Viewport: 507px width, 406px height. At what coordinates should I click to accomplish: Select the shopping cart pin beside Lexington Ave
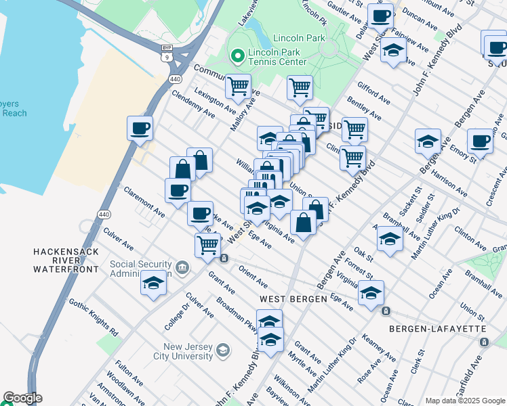click(238, 86)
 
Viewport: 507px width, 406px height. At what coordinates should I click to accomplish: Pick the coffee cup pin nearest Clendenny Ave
click(140, 128)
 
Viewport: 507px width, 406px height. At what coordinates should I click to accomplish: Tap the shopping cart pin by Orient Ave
click(207, 244)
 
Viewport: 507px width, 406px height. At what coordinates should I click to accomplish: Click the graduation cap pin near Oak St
click(390, 239)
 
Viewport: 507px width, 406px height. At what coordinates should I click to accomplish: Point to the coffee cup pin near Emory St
click(480, 141)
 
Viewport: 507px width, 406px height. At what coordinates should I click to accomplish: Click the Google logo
click(22, 399)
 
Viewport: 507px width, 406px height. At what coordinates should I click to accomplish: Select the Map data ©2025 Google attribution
click(465, 401)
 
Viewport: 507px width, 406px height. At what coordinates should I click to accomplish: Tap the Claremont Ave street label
click(144, 202)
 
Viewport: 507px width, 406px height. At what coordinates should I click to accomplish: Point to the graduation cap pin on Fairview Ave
click(393, 50)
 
